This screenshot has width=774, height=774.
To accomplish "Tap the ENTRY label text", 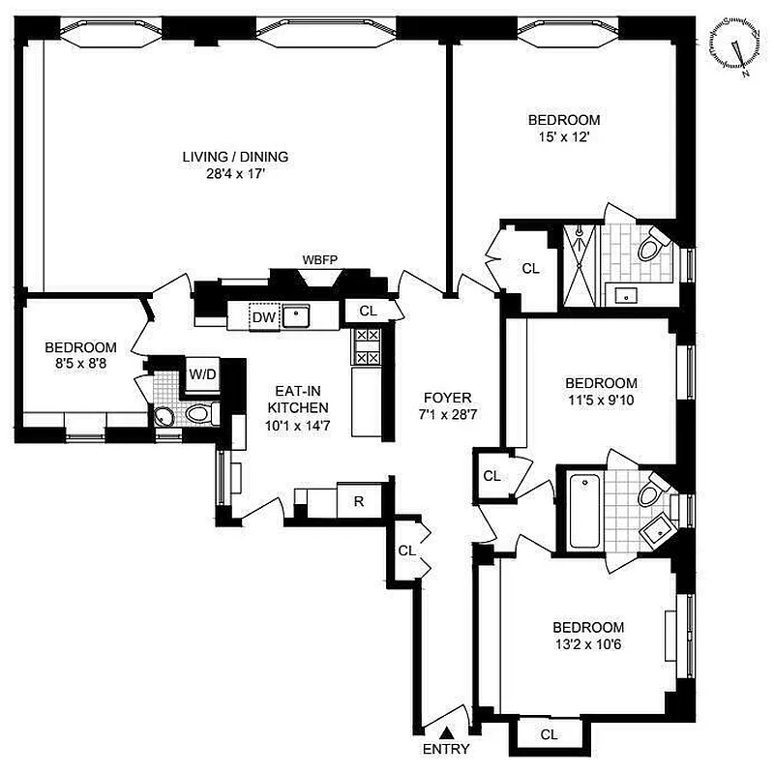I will coord(446,749).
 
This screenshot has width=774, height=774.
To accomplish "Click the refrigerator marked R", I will coord(358,500).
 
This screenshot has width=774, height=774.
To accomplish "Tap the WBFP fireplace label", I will coord(318,260).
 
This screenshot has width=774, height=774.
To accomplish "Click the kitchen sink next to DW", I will coord(295,316).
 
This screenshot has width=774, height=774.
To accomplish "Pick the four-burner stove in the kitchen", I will coord(367,346).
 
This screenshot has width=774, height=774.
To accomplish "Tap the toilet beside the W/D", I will coord(199,415).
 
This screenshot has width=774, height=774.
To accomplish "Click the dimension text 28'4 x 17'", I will coord(236,176).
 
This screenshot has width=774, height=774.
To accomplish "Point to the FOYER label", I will coord(447,398).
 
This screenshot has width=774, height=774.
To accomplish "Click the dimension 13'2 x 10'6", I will coord(587,643).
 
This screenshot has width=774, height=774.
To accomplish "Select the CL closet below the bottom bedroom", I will coord(549,734).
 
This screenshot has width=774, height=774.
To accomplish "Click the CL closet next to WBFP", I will coord(367,311).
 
